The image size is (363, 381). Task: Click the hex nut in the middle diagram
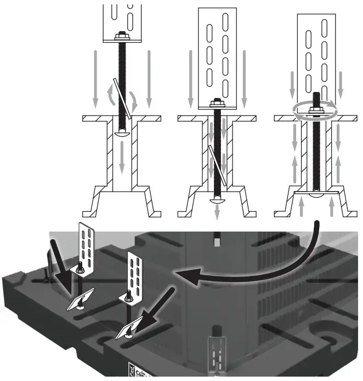pos(217,103)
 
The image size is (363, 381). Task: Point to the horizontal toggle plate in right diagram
pos(317,193)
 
